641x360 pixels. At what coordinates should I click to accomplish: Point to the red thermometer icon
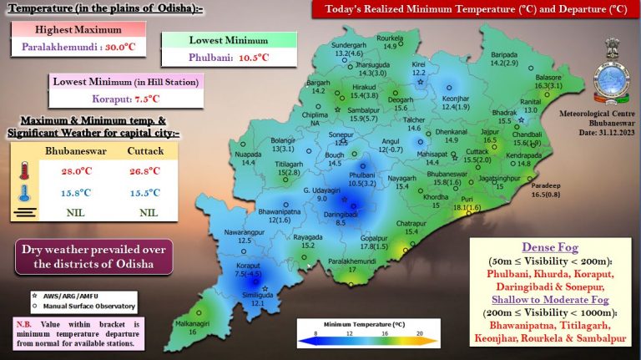(x=23, y=172)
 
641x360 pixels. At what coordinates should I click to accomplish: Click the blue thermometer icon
(x=23, y=193)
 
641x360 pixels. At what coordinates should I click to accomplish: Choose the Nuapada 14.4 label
(x=248, y=159)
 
